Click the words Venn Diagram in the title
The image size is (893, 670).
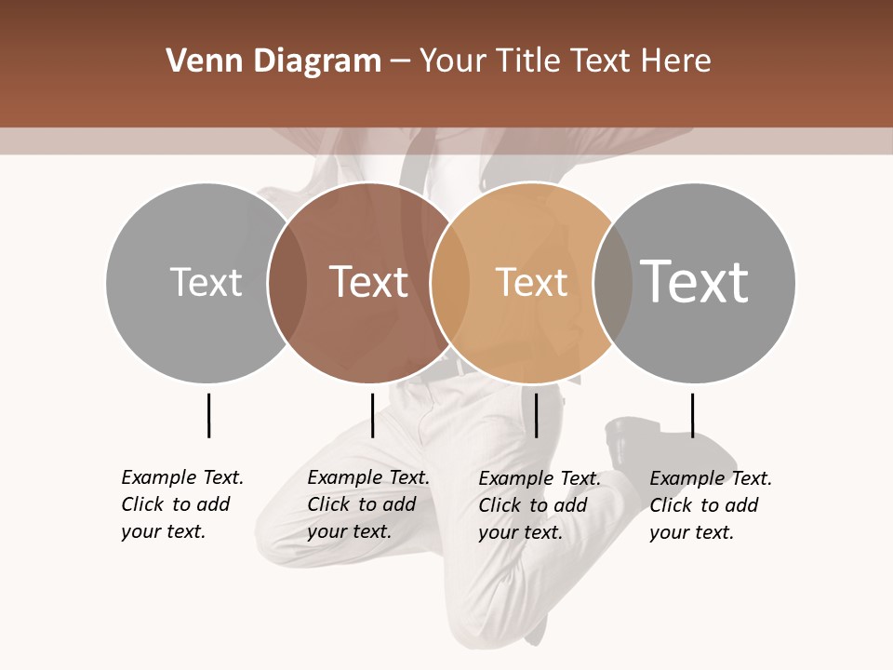(273, 61)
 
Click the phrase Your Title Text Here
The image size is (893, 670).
(565, 61)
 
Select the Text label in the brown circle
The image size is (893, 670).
(369, 281)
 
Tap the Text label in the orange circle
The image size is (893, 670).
(531, 282)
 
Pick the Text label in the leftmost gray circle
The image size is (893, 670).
(206, 282)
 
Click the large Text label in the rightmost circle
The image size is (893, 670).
(695, 281)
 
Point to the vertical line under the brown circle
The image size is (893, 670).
(372, 415)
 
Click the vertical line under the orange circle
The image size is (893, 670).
(537, 415)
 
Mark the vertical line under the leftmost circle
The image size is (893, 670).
(209, 415)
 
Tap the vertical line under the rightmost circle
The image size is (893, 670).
(692, 415)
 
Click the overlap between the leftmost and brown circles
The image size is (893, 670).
(287, 282)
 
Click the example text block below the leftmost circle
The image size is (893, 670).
(182, 504)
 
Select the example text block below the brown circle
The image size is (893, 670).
(368, 504)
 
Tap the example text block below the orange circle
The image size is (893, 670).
(540, 505)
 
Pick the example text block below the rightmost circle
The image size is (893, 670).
(711, 505)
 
